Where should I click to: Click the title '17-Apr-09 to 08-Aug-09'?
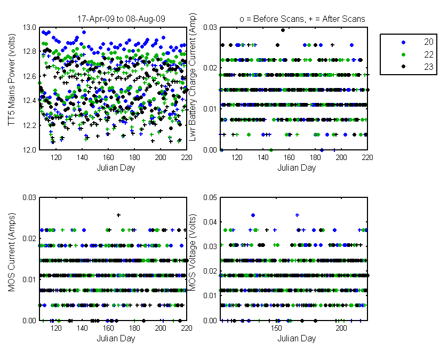(121, 19)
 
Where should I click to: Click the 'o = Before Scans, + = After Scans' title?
(302, 19)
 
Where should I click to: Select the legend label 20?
(428, 42)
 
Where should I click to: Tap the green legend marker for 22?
(404, 54)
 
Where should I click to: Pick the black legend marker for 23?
(404, 67)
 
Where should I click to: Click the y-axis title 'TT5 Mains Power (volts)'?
(11, 80)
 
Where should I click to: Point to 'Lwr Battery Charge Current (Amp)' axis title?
(192, 77)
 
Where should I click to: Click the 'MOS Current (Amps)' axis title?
(11, 252)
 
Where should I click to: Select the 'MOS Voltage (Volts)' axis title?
(192, 252)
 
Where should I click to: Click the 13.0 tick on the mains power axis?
(29, 28)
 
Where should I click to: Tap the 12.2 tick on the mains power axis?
(29, 125)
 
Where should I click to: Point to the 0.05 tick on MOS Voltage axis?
(210, 197)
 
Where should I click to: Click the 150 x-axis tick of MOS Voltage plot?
(276, 328)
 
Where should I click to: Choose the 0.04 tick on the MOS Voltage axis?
(210, 222)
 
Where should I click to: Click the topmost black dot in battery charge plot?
(283, 30)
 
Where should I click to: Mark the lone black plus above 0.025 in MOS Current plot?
(118, 215)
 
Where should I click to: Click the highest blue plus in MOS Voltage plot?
(297, 215)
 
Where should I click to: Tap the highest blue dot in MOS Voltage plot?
(253, 215)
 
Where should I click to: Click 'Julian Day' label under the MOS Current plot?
(116, 338)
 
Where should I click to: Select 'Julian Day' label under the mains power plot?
(116, 168)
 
